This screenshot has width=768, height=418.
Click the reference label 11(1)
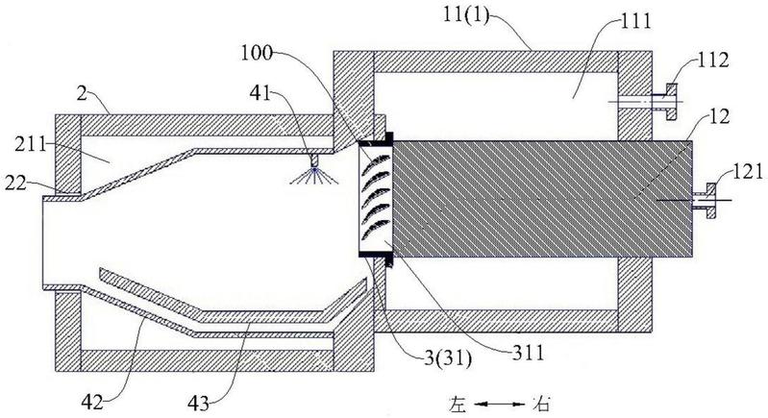(465, 16)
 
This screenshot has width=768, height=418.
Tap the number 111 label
(634, 21)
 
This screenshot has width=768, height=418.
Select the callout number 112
(712, 61)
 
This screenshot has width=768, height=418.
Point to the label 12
(719, 116)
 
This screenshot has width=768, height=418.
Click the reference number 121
(748, 171)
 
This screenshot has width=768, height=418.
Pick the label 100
(257, 53)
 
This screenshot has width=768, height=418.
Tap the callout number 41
(260, 92)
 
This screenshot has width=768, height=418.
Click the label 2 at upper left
(82, 93)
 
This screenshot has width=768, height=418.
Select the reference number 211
(30, 145)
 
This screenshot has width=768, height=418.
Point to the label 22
(15, 184)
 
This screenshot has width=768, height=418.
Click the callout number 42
(93, 403)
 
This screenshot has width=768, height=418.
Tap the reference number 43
(199, 404)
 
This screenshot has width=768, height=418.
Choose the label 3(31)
(448, 360)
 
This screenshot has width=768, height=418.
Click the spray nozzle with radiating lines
(314, 170)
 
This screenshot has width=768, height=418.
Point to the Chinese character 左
(458, 405)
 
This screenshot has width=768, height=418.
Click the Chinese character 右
(540, 405)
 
